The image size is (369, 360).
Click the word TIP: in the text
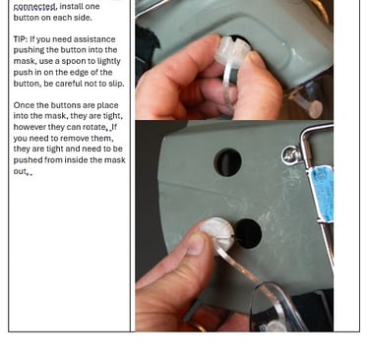tap(21, 39)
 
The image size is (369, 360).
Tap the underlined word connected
tap(35, 6)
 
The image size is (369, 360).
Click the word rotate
tap(94, 127)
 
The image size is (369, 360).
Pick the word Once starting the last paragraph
tap(23, 105)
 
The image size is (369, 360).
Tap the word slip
tap(116, 84)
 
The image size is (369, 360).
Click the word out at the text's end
tap(20, 171)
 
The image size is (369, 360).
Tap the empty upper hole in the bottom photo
tap(228, 162)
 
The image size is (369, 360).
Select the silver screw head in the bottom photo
tap(290, 154)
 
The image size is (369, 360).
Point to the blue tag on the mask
tap(323, 193)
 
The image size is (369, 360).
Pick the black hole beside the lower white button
tap(248, 233)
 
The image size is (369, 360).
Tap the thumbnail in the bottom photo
tap(197, 243)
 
